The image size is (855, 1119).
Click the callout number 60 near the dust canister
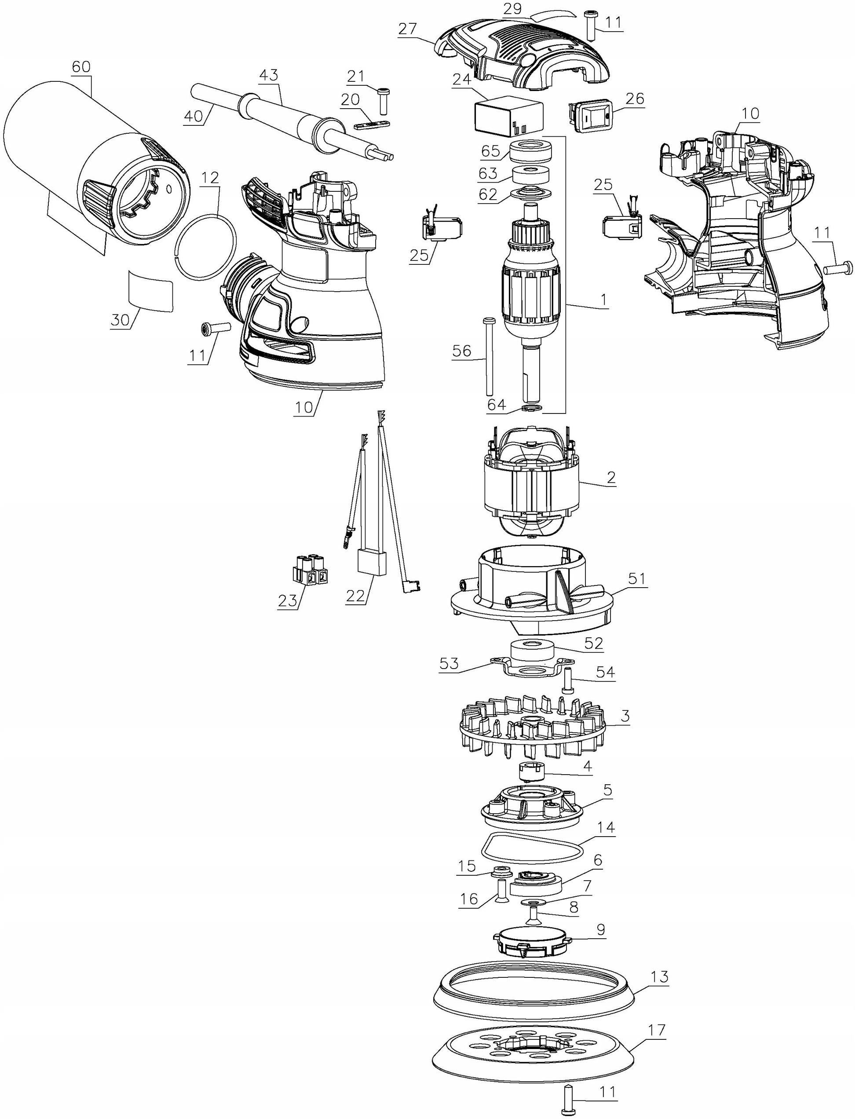(82, 67)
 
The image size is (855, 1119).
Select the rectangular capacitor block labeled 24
(508, 116)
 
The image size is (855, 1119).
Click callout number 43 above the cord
(269, 76)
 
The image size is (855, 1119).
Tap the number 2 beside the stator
(611, 477)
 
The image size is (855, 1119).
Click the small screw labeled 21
(383, 101)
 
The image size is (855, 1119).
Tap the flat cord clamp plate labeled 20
(371, 124)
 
